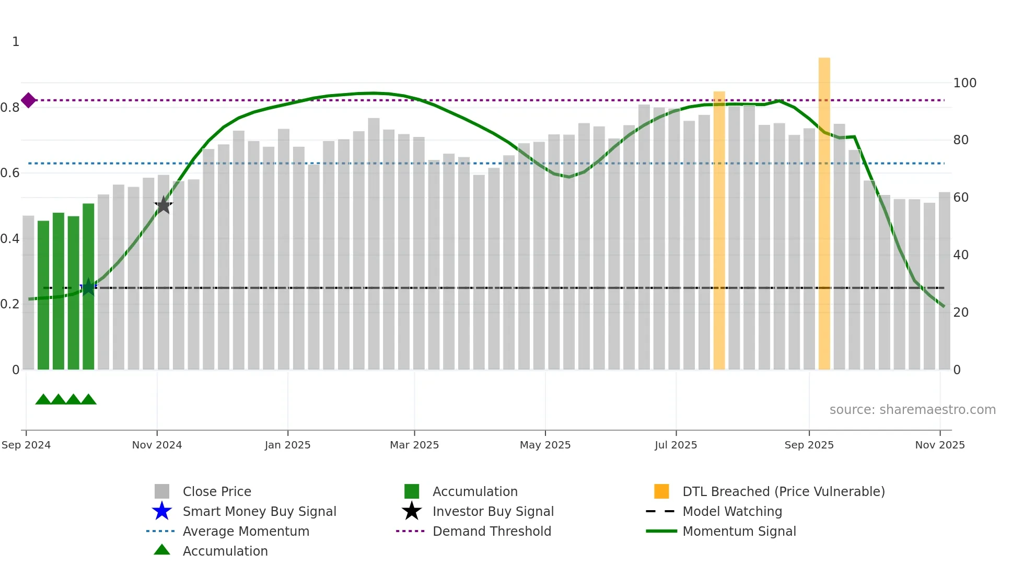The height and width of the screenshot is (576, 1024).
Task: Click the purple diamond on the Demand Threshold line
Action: (29, 100)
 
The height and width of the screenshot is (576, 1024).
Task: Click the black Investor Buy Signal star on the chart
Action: (164, 205)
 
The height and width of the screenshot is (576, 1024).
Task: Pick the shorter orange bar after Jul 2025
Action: (719, 230)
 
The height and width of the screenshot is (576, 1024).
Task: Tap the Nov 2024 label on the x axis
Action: (157, 445)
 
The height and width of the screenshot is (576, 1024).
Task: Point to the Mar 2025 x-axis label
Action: (414, 445)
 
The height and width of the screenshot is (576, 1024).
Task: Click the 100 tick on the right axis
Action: (964, 83)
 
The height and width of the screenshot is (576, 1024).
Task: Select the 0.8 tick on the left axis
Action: (10, 108)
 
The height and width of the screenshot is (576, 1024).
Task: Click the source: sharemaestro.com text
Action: (912, 410)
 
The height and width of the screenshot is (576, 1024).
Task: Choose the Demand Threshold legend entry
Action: (492, 532)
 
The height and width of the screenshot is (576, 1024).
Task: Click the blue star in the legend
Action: (162, 511)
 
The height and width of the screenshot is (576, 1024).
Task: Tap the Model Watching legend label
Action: (732, 512)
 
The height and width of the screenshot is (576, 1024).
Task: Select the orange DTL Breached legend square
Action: (661, 491)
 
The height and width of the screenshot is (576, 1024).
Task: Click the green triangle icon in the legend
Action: (162, 550)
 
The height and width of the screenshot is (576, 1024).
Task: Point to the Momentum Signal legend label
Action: (739, 532)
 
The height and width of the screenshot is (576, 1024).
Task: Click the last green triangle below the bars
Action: (88, 400)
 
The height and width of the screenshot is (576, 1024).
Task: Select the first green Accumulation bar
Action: (43, 295)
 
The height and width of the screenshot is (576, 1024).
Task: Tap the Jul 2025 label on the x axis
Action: (676, 445)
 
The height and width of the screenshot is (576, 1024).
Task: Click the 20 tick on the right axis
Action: (961, 313)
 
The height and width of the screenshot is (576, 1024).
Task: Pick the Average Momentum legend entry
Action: (246, 532)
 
